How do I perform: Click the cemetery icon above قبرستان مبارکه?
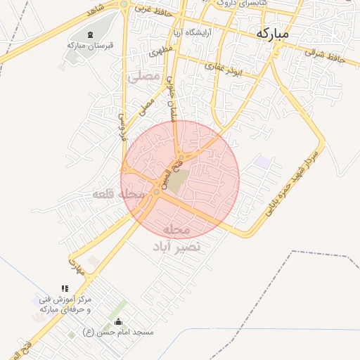pos(89,34)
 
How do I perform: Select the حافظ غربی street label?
pos(154,10)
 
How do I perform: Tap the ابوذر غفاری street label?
pos(224,68)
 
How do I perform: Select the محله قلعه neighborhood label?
pos(118,193)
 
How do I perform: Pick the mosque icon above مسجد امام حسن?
pos(117,323)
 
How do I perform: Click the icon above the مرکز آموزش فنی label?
pos(65,288)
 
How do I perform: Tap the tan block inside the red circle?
pos(178,181)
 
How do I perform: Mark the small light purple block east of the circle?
pos(263,162)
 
